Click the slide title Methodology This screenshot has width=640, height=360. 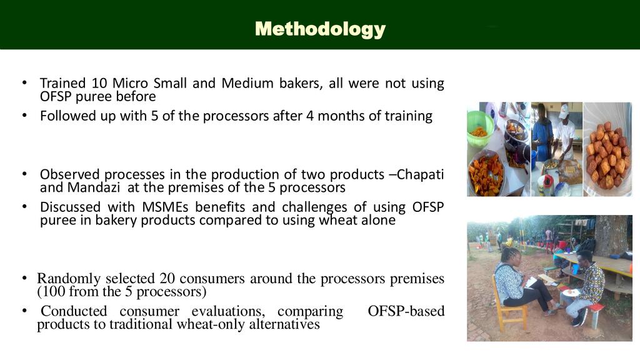(x=320, y=29)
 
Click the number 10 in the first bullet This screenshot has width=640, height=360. (x=99, y=83)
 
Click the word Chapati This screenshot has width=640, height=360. (x=420, y=175)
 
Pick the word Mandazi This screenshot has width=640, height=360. (x=94, y=187)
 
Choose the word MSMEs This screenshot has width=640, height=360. (x=165, y=207)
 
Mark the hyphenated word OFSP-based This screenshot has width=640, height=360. (x=406, y=311)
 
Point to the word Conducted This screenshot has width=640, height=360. (x=74, y=311)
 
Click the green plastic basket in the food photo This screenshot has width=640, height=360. (x=479, y=127)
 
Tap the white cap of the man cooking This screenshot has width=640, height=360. (x=564, y=110)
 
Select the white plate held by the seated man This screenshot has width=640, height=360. (x=570, y=292)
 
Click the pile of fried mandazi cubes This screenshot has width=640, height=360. (x=607, y=155)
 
